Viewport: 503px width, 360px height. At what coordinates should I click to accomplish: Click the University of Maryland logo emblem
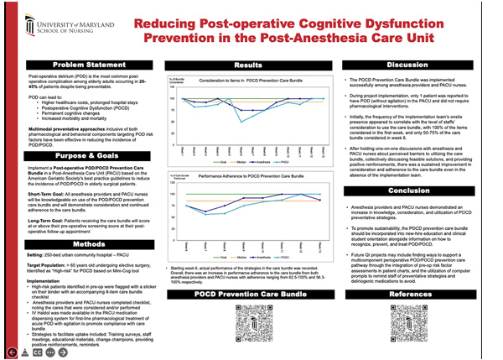tap(34, 20)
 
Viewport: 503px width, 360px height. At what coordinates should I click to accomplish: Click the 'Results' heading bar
tap(248, 65)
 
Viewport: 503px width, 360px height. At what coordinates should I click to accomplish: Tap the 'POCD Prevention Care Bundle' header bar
tap(248, 296)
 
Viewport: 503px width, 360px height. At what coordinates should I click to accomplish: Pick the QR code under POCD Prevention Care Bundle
tap(249, 326)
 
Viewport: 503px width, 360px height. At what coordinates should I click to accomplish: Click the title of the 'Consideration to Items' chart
tap(241, 80)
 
